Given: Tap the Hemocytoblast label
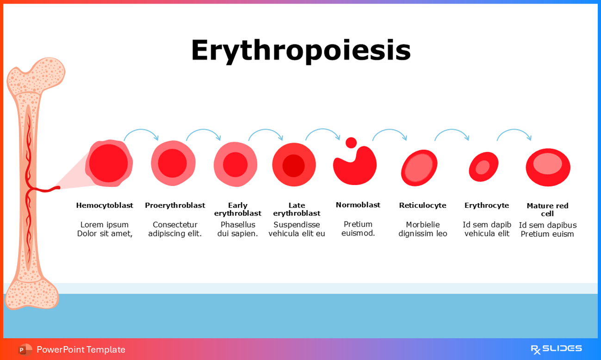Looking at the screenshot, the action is (x=105, y=205).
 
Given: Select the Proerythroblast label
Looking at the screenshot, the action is (x=175, y=205).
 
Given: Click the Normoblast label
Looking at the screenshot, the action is (x=358, y=205).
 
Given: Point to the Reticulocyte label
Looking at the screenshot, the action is (x=422, y=205).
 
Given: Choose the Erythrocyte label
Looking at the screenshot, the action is (x=487, y=205).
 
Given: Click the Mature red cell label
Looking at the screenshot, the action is (x=547, y=210).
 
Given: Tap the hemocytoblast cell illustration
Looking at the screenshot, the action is (x=109, y=163).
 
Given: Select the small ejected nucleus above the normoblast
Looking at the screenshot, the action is (x=351, y=143).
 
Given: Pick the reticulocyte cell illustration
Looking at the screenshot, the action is (x=419, y=168).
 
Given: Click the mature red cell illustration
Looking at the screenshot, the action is (x=548, y=167).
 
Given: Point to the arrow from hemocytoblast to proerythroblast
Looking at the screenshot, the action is (x=141, y=132).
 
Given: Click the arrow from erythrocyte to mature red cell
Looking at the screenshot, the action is (x=514, y=132).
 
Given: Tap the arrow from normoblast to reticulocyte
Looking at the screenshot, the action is (x=390, y=132).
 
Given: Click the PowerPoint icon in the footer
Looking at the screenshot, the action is (x=25, y=349).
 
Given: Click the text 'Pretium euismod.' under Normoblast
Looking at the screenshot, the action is (x=358, y=229).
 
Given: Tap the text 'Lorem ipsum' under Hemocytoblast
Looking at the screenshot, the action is (x=105, y=225).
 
